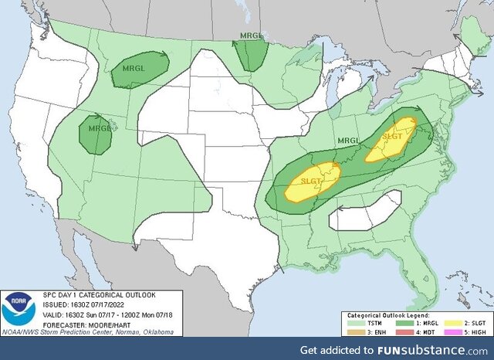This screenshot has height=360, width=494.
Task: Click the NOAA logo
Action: click(x=19, y=309)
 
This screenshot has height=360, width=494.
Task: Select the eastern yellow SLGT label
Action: click(x=391, y=136)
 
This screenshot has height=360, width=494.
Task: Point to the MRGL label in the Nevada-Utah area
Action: click(x=100, y=128)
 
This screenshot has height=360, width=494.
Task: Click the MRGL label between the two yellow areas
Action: click(x=348, y=141)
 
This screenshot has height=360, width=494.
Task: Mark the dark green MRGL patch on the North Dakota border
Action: click(x=251, y=55)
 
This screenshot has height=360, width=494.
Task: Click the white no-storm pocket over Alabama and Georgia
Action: click(x=366, y=211)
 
